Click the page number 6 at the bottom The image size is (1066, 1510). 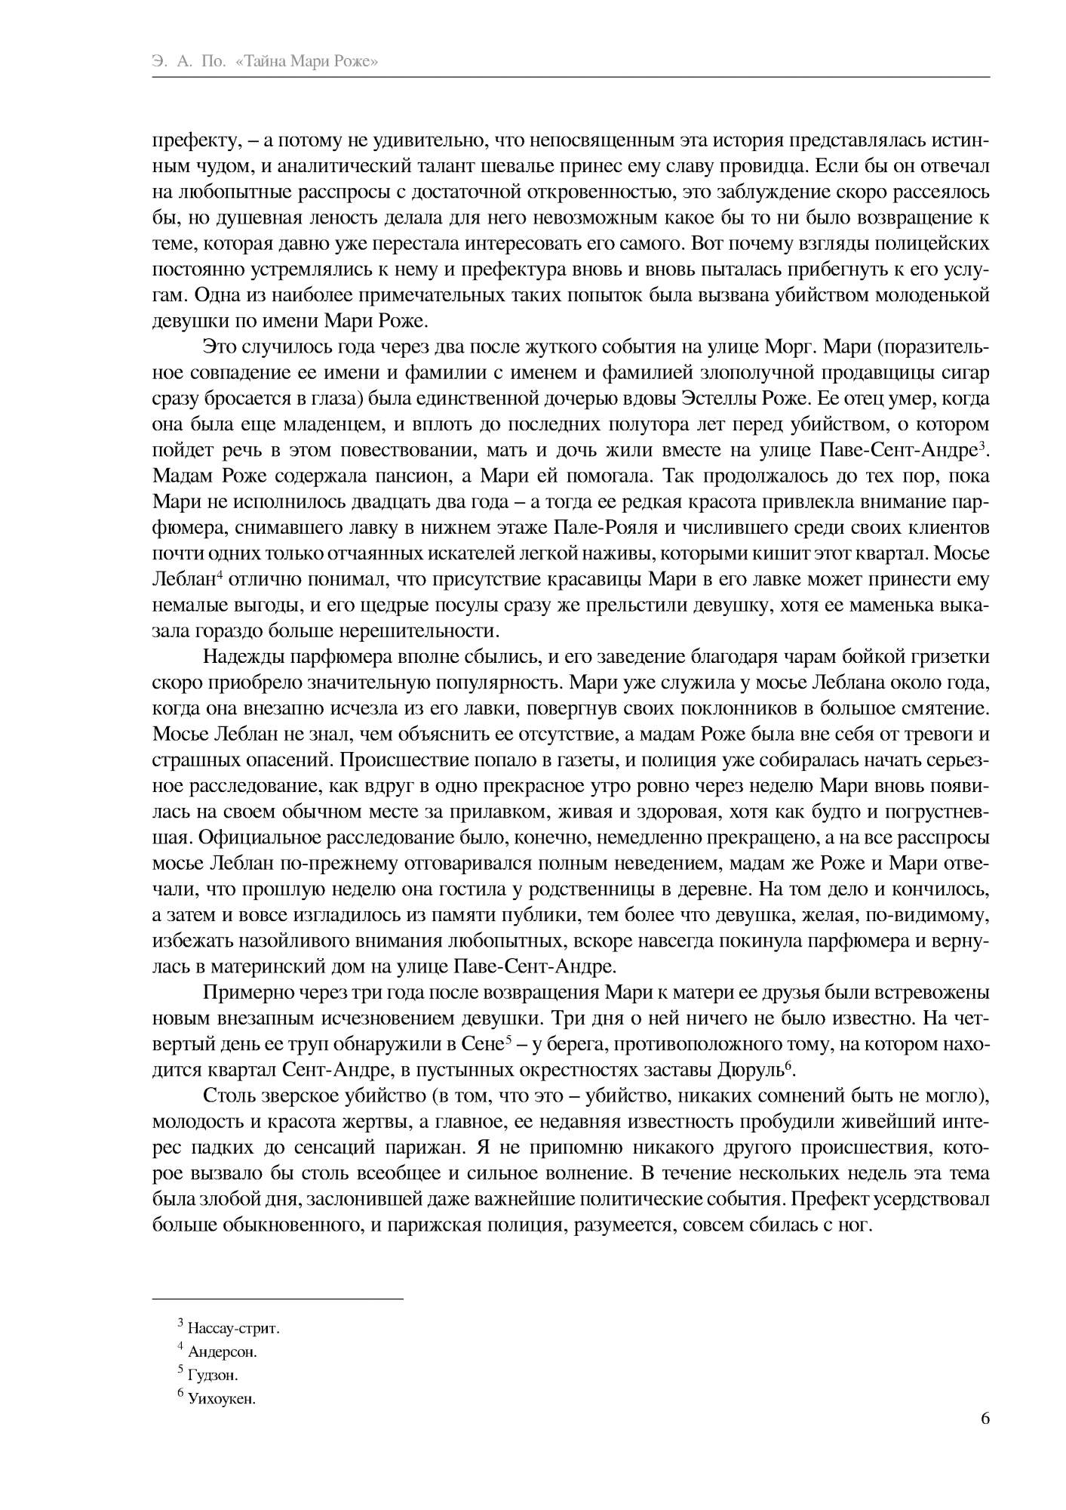click(985, 1418)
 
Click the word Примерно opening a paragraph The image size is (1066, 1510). click(242, 993)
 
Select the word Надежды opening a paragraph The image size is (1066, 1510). click(238, 657)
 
